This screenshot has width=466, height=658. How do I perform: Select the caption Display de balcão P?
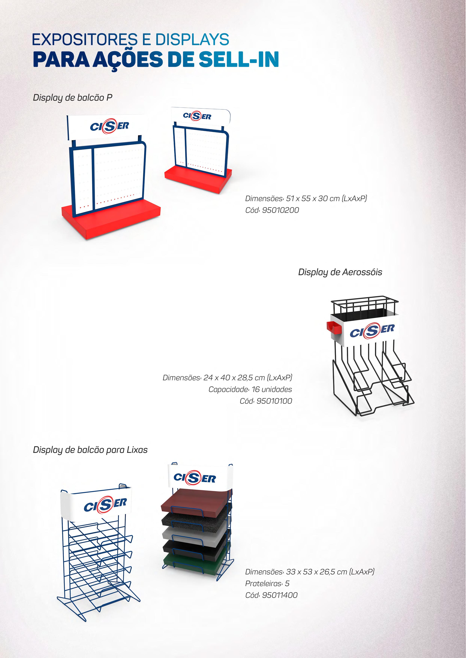(73, 98)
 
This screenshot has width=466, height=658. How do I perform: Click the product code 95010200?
(280, 210)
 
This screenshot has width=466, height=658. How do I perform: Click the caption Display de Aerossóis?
(340, 272)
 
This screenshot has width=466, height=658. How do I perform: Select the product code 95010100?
(274, 401)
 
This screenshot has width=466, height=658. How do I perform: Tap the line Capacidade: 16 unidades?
(250, 389)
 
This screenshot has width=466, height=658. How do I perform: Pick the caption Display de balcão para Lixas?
(90, 450)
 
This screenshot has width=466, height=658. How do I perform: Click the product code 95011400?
(280, 595)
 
